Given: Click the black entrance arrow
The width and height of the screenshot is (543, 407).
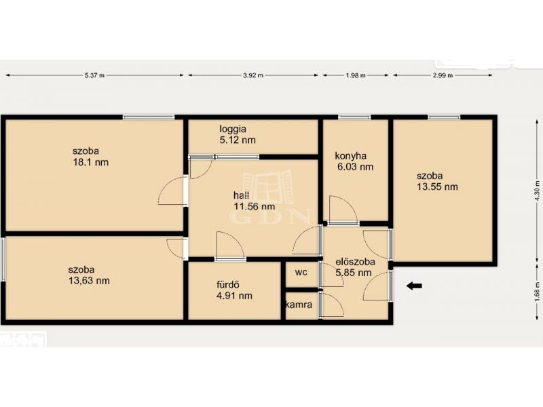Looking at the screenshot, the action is [x=414, y=286].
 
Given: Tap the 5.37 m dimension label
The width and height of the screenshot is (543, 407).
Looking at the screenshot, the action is [x=94, y=75].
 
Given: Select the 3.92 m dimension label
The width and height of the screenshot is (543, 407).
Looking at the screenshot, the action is [x=253, y=75].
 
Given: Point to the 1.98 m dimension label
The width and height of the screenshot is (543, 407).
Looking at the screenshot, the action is [x=356, y=75].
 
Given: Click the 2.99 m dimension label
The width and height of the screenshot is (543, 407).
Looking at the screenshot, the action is [x=443, y=75].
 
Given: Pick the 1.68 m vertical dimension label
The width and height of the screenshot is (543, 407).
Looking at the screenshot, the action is [x=537, y=292].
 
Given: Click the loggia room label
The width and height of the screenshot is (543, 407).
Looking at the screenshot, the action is [x=233, y=129].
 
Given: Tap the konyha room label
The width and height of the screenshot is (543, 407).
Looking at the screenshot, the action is [x=350, y=156].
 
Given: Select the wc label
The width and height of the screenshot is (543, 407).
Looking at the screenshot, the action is [x=301, y=273].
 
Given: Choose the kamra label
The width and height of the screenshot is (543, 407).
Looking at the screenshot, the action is [x=299, y=305].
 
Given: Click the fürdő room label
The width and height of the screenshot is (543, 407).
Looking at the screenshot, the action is [x=228, y=285].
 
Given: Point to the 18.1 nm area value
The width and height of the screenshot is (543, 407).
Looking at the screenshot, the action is [x=91, y=162].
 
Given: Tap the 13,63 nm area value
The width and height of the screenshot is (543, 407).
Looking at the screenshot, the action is [x=90, y=281].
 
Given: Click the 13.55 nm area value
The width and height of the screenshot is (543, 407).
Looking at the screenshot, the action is [x=437, y=187].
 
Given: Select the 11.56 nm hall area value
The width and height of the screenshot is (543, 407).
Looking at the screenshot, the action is [x=255, y=207].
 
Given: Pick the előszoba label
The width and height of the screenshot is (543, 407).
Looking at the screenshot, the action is [x=355, y=262].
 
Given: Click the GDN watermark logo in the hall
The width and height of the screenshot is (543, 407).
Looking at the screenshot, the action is [x=269, y=197].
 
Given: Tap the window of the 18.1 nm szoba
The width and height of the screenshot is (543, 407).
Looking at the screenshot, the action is [x=149, y=117].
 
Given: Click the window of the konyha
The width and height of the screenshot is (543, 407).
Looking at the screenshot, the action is [x=354, y=117].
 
